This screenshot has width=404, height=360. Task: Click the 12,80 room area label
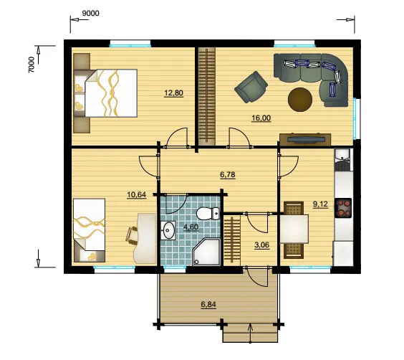pos(173,93)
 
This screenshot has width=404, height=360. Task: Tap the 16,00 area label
pos(261,118)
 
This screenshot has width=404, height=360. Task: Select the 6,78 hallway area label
pos(228,175)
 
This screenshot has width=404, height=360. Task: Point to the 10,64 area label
pos(137,194)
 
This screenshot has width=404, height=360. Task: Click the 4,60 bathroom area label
pos(191,227)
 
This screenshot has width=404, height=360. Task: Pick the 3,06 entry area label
pos(261,245)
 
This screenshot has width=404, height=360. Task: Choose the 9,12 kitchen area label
pos(320,204)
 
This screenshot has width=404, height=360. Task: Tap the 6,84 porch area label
pos(208,305)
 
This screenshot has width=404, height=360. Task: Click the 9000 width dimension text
pos(90,13)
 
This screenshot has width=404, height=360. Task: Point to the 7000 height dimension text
pos(32,65)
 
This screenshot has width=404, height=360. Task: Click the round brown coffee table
pos(300,100)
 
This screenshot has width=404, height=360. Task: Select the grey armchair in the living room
pos(251,87)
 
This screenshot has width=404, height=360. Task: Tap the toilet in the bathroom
pos(208,213)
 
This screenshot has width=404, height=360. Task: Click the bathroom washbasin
pos(168,229)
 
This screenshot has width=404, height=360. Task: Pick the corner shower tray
pos(206,252)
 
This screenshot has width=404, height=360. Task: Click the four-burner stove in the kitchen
pos(343,208)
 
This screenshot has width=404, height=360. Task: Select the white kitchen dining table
pos(294,229)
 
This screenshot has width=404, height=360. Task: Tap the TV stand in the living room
pos(305,140)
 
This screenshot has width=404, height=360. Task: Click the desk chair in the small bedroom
pos(132,235)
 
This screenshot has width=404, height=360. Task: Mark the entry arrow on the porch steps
pos(250,334)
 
